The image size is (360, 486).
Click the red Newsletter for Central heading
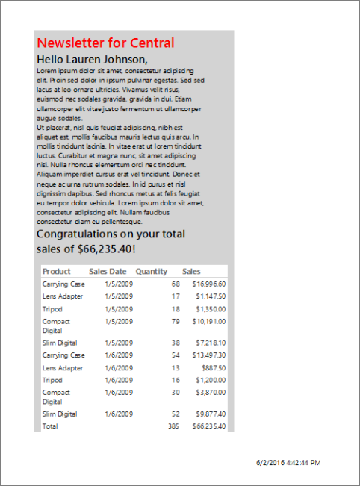tap(105, 43)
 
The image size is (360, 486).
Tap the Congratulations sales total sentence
tap(111, 241)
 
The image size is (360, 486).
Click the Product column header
tap(57, 272)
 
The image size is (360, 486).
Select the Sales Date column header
tap(108, 272)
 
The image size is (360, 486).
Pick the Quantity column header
tap(152, 272)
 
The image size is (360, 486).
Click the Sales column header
tap(191, 272)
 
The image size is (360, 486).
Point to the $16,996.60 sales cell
tap(208, 284)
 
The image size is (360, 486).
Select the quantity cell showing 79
tap(176, 322)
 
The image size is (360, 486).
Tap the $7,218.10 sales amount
tap(210, 343)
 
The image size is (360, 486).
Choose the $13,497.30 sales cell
tap(208, 355)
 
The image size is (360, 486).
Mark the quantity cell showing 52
tap(176, 414)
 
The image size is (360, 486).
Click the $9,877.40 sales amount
tap(210, 414)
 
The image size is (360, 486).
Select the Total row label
tap(49, 426)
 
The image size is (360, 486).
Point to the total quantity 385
tap(174, 426)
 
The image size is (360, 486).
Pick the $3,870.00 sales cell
tap(210, 393)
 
